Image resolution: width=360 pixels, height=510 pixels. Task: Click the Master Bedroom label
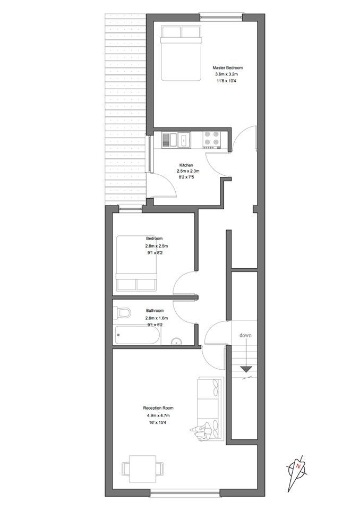click(227, 67)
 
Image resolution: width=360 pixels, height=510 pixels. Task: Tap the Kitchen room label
click(186, 165)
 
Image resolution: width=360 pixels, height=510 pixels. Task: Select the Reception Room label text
click(158, 408)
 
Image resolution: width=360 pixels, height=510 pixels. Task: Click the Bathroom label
click(155, 311)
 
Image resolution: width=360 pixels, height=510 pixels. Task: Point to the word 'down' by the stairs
click(245, 335)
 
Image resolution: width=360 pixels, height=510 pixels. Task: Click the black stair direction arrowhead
click(246, 369)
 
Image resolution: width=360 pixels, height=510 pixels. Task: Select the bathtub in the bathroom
click(137, 336)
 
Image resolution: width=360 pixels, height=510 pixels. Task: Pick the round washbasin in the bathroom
click(177, 341)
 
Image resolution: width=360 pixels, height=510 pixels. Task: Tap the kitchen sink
click(176, 140)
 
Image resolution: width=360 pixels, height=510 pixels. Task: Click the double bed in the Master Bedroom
click(181, 53)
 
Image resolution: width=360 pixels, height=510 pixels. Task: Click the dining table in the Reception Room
click(142, 469)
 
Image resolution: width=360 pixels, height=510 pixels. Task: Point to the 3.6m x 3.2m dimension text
click(227, 74)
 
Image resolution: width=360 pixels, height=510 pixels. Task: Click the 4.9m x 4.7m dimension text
click(158, 415)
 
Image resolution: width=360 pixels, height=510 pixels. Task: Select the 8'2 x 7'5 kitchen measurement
click(186, 177)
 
